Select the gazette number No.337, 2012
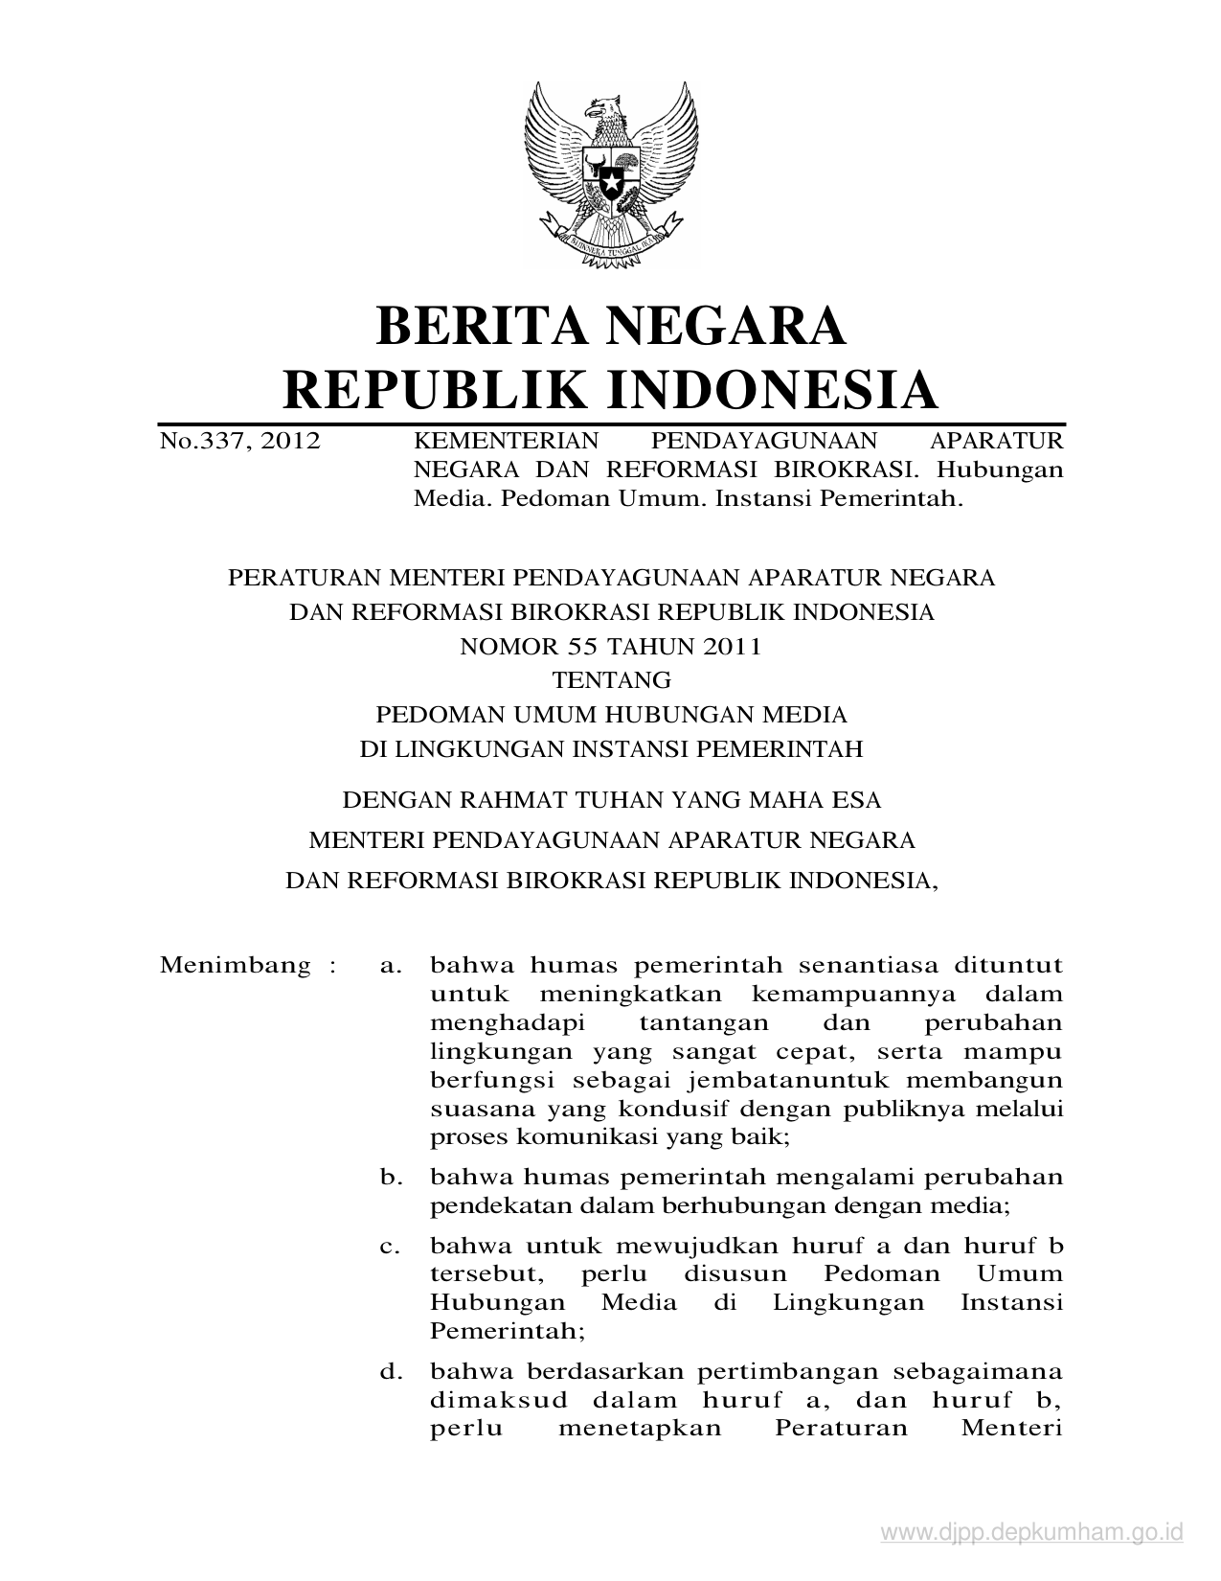click(x=239, y=442)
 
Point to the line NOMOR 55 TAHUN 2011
click(x=610, y=646)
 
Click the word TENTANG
click(x=611, y=680)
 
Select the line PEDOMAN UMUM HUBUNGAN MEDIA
click(x=610, y=714)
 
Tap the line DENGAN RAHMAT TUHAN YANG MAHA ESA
click(x=611, y=799)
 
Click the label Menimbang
click(x=235, y=964)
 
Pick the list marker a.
click(x=389, y=964)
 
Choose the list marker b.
click(x=389, y=1177)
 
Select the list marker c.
click(x=389, y=1247)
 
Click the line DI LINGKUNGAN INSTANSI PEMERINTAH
click(x=611, y=748)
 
